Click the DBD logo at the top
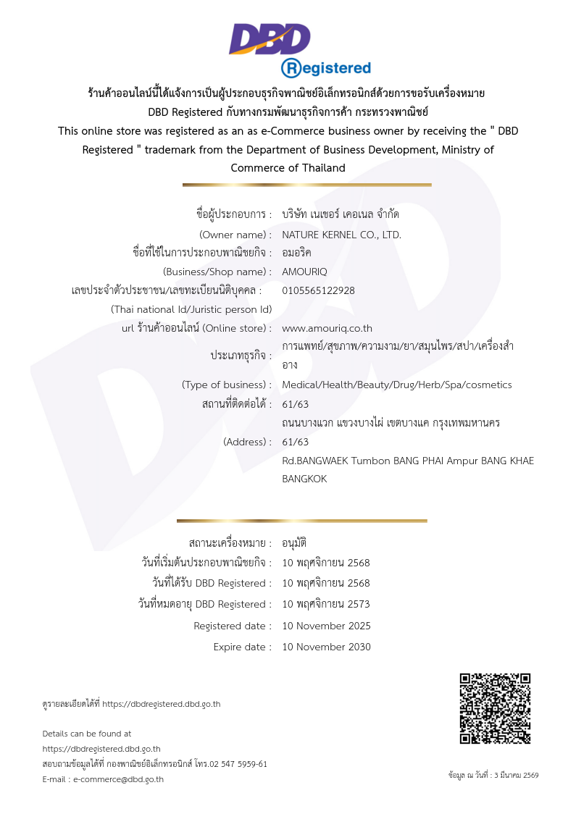coord(270,39)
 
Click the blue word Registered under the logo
coord(326,68)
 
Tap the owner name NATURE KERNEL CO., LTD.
coord(341,235)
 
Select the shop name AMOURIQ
coord(304,272)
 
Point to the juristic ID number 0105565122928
coord(318,290)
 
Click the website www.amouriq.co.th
coord(327,328)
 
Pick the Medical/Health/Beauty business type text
coord(396,385)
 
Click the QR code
coord(495,708)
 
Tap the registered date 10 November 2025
coord(326,626)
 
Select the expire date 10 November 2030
coord(326,647)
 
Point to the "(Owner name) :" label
coord(235,235)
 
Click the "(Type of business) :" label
coord(227,385)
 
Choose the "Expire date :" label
coord(242,647)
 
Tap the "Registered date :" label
coord(233,626)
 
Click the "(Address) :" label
coord(247,442)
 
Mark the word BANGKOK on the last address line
coord(304,479)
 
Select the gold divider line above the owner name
coord(306,185)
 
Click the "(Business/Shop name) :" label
coord(217,272)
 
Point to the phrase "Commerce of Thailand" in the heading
coord(288,168)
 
